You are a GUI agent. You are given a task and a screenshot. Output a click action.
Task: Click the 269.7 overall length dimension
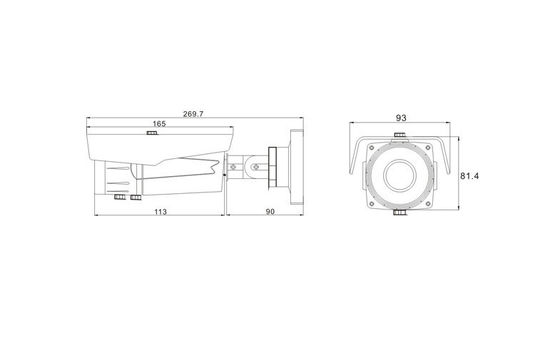coord(193,114)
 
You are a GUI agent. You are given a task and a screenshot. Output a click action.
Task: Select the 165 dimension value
coord(159,124)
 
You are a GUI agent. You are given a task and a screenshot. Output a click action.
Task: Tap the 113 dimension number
coord(160,212)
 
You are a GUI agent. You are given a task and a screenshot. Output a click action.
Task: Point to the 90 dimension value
coord(270,212)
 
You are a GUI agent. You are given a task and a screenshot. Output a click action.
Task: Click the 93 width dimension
coord(401,118)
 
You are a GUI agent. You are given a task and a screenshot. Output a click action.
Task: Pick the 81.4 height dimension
coord(470,176)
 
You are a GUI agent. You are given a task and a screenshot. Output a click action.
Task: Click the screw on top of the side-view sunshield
coord(152,133)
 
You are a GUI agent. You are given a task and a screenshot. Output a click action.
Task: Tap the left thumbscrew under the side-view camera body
coord(120,197)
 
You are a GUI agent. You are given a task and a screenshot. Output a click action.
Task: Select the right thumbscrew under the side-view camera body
coord(136,197)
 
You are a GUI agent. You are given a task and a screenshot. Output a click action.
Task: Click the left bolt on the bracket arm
coord(233,167)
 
